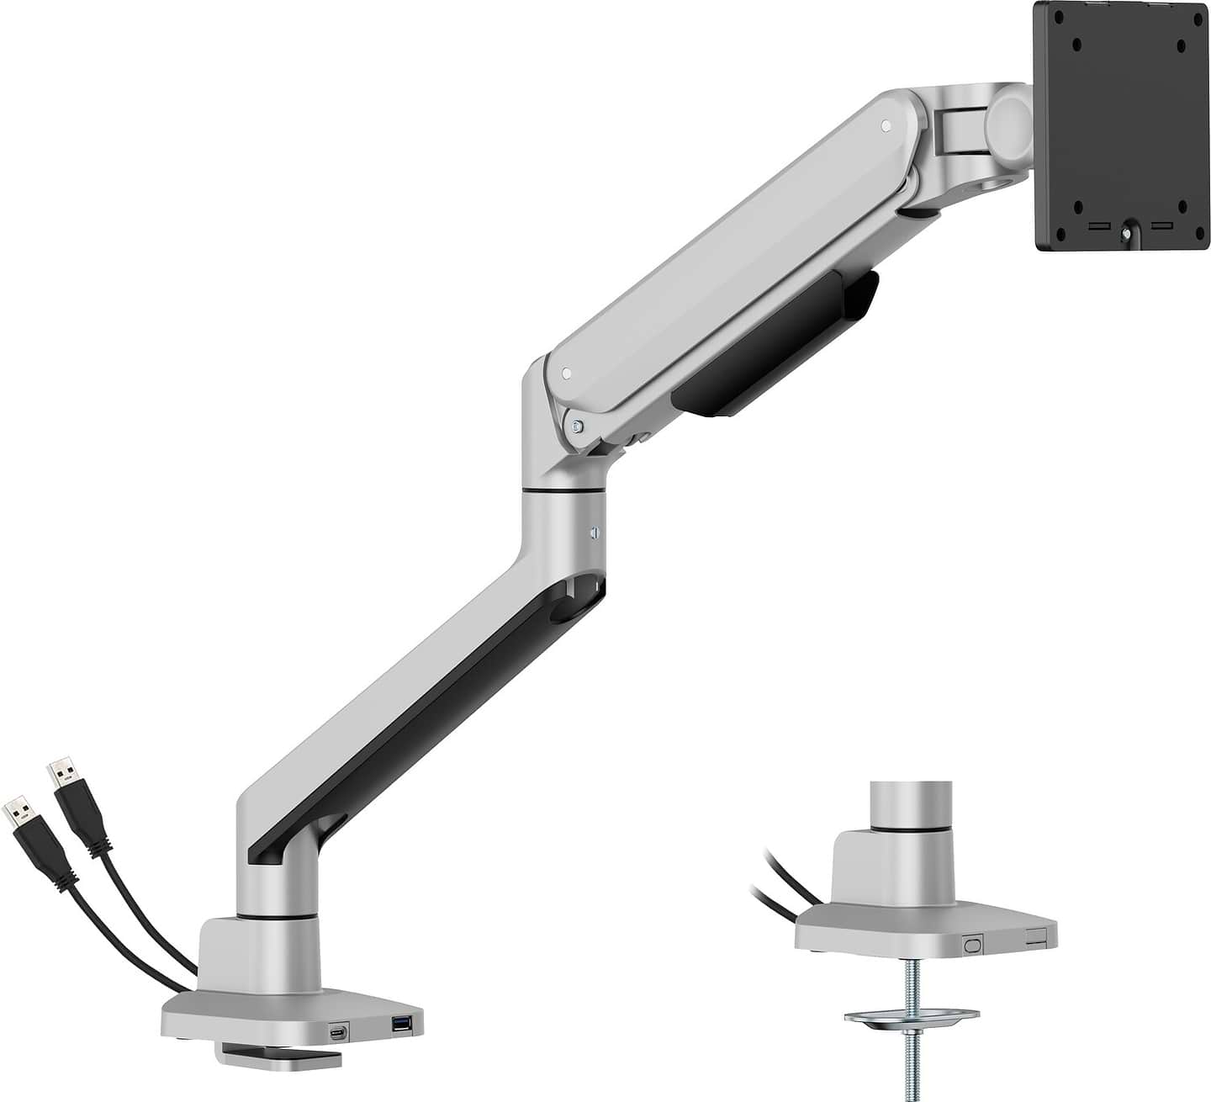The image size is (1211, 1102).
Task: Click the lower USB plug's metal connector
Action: click(19, 811)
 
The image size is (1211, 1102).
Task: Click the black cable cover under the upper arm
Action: click(774, 345)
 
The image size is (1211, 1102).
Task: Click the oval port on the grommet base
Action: click(974, 945)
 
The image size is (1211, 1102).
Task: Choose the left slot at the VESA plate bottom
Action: click(1097, 226)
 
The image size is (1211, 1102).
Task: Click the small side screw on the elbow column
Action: click(594, 532)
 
